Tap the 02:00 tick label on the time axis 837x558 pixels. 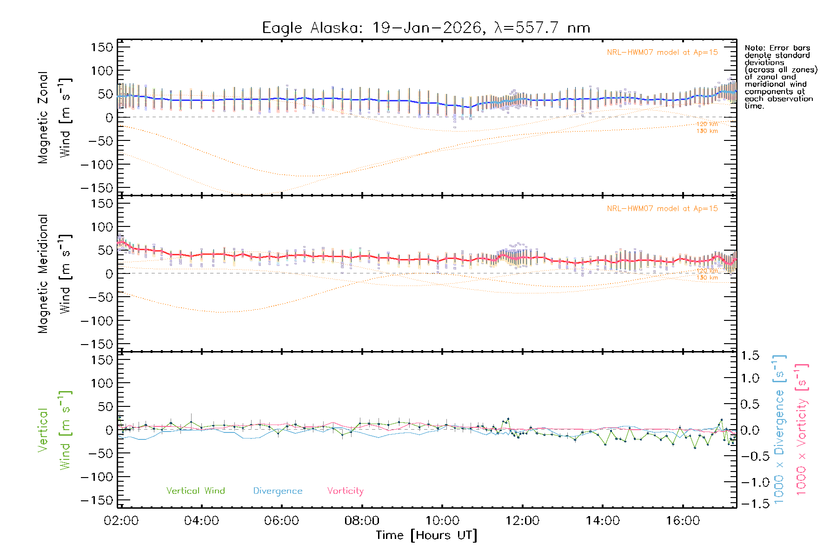(121, 521)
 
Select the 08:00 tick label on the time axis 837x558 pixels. (362, 521)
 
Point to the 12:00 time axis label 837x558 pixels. (522, 521)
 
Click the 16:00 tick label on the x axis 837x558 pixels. (683, 521)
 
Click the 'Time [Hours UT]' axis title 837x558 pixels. (426, 536)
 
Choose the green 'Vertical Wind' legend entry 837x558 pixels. (195, 491)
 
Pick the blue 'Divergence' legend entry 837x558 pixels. (278, 491)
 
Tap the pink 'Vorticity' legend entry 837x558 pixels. (345, 491)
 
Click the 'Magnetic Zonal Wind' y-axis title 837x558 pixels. (54, 118)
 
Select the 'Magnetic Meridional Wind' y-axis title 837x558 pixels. (54, 274)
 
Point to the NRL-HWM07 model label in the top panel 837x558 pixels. (662, 53)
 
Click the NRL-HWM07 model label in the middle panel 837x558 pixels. (662, 209)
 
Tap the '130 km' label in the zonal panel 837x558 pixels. (707, 131)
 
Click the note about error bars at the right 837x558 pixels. (780, 77)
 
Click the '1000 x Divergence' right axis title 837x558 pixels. (779, 430)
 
